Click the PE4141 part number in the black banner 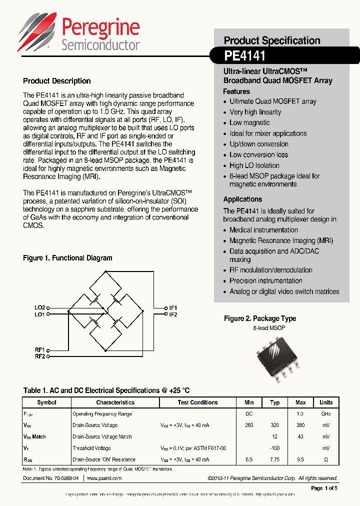244,54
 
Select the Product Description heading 57,81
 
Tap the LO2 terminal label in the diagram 40,307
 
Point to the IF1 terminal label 173,307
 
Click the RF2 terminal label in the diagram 40,356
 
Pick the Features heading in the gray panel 236,91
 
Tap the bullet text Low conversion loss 258,155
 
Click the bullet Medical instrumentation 263,230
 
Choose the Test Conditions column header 197,402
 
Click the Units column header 326,402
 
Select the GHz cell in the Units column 326,414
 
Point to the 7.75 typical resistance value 274,459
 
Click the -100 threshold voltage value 274,448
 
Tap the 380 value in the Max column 300,425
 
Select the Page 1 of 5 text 324,488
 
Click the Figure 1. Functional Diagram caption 67,258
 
